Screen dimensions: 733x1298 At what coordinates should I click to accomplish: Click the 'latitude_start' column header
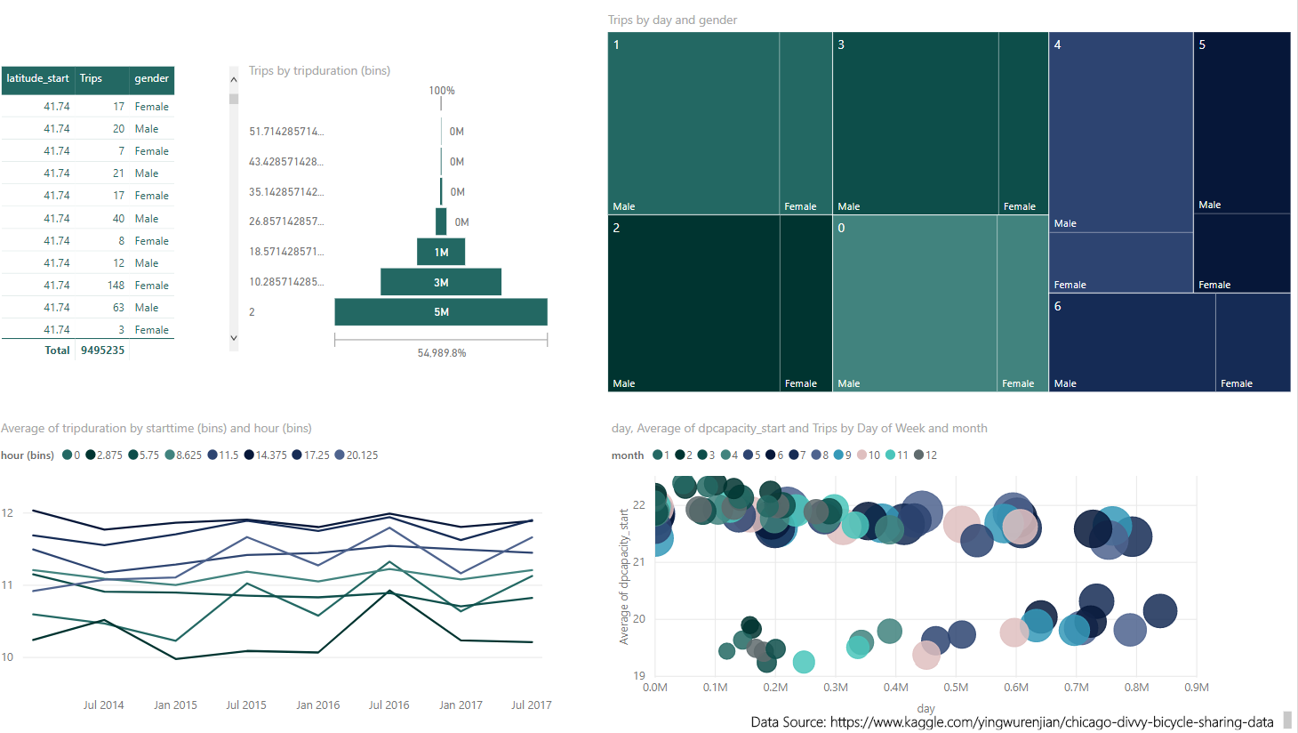[x=37, y=78]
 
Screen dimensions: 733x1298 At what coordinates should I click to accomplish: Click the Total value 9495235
[x=102, y=350]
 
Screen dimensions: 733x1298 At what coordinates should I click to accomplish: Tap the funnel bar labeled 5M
[x=441, y=312]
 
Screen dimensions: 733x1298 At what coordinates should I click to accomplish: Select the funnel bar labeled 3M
[x=441, y=282]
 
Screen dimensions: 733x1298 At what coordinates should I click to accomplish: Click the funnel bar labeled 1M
[x=441, y=252]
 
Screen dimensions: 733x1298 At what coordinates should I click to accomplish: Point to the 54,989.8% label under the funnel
[x=441, y=353]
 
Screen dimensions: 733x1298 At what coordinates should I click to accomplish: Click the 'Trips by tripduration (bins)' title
[x=319, y=70]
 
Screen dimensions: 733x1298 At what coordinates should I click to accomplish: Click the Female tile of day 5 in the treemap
[x=1241, y=254]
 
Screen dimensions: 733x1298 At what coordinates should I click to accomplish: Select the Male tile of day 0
[x=914, y=302]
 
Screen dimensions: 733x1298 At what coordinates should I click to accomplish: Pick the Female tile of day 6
[x=1253, y=342]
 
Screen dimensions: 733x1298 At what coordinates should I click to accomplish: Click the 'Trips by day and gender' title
[x=672, y=20]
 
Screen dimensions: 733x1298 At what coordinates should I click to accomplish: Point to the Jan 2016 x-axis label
[x=317, y=705]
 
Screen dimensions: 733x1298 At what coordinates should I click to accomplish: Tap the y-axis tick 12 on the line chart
[x=7, y=512]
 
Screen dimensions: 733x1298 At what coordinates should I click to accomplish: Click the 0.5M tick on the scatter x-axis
[x=956, y=687]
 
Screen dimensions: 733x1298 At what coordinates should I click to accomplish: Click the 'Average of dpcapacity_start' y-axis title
[x=624, y=576]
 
